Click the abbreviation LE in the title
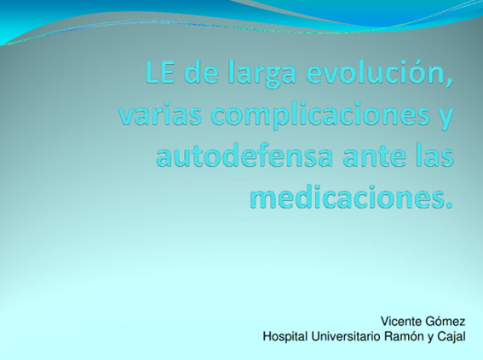[160, 73]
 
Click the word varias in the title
[160, 116]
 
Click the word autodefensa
[244, 156]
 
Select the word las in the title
[434, 156]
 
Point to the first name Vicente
[401, 322]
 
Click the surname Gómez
[446, 322]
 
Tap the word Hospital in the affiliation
[285, 336]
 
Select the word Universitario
[342, 336]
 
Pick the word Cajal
[451, 337]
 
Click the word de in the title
[201, 73]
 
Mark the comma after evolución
[450, 83]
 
